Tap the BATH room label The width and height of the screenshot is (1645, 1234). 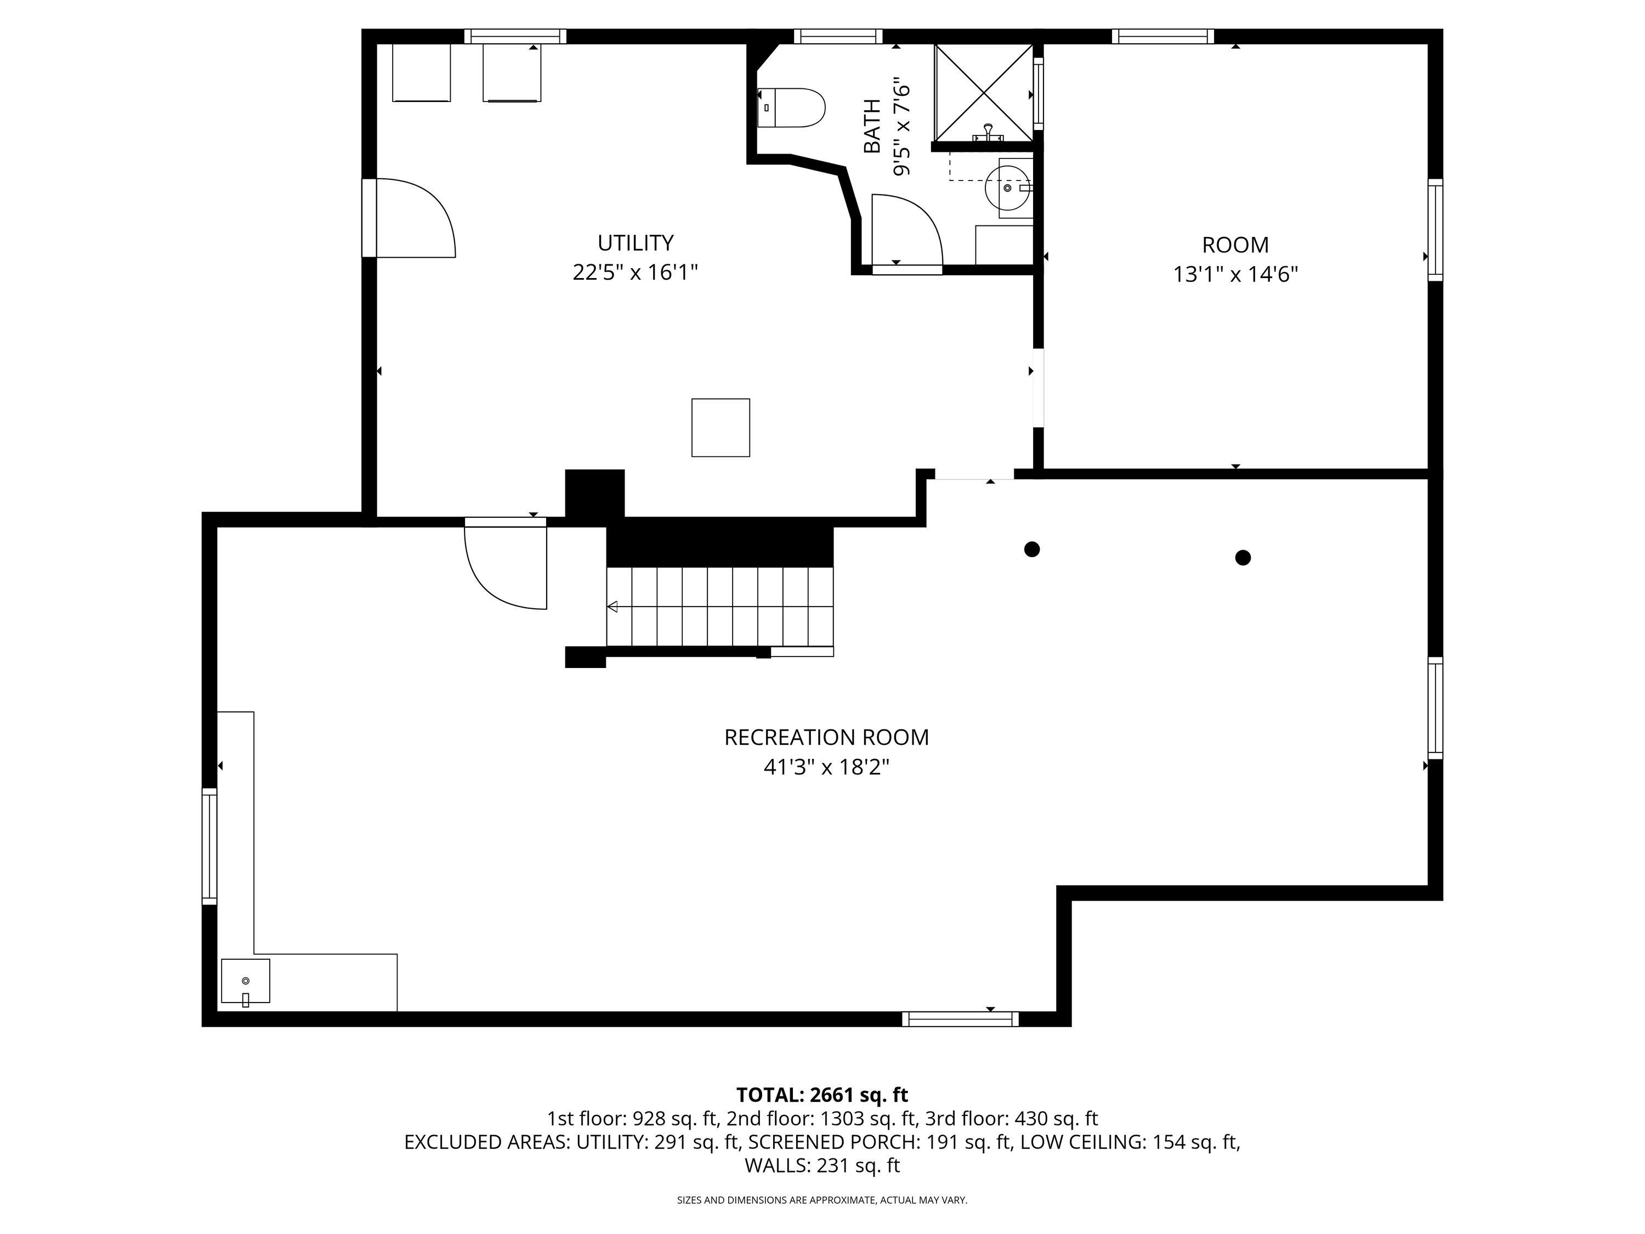pyautogui.click(x=872, y=127)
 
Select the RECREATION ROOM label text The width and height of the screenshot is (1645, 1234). pyautogui.click(x=826, y=737)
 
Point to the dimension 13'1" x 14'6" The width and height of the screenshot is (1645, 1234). pyautogui.click(x=1235, y=274)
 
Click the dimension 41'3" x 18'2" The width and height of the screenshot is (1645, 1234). pyautogui.click(x=826, y=767)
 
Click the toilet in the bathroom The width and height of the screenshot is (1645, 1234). pyautogui.click(x=791, y=108)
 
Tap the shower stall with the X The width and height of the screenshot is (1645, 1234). pyautogui.click(x=984, y=93)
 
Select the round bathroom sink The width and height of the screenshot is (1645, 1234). pyautogui.click(x=1008, y=188)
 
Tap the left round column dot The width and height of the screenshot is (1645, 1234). pyautogui.click(x=1031, y=550)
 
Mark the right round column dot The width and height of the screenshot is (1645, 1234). pyautogui.click(x=1243, y=557)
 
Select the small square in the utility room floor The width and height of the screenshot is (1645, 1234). pyautogui.click(x=721, y=428)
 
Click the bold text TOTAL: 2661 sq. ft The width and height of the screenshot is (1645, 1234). pyautogui.click(x=822, y=1095)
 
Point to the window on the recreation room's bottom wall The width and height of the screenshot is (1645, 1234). pyautogui.click(x=960, y=1019)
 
